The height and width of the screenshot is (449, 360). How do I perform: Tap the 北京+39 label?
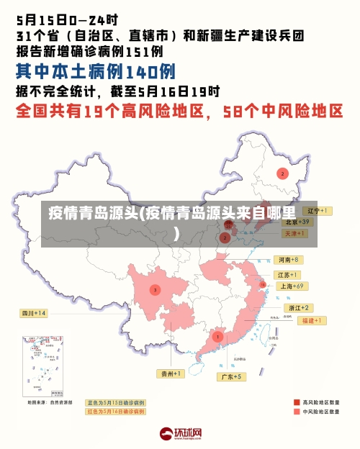tap(296, 222)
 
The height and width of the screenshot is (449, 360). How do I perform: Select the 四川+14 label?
tap(33, 314)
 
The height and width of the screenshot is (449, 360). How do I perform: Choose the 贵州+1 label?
tap(171, 373)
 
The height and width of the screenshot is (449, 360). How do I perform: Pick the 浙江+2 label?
tap(294, 308)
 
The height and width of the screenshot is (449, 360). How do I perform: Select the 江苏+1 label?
tap(288, 275)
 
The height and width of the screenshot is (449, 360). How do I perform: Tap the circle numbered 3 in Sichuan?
tap(155, 289)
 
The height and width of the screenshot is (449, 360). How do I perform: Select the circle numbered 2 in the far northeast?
tap(282, 173)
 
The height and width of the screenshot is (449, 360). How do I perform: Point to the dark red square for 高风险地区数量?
tap(297, 402)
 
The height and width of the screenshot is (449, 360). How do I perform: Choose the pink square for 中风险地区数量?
tap(297, 413)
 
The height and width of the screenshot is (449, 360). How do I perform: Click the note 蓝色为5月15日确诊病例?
tap(115, 403)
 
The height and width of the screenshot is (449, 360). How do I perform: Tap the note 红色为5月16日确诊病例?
tap(115, 412)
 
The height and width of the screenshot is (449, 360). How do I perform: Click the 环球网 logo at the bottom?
tap(180, 434)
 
